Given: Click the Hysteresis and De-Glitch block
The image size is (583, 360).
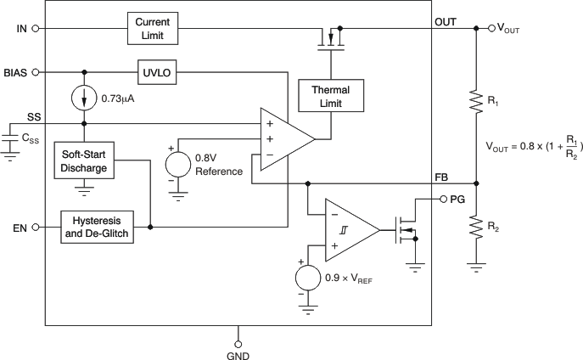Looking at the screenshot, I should click(x=98, y=228).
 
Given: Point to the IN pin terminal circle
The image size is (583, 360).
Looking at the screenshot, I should click(x=36, y=28).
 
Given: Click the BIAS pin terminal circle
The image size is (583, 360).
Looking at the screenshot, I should click(x=36, y=72).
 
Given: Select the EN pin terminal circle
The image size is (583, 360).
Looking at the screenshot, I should click(x=36, y=228).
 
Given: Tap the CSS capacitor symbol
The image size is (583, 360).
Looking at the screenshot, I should click(x=10, y=136).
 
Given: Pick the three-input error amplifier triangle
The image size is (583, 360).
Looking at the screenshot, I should click(x=284, y=135).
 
